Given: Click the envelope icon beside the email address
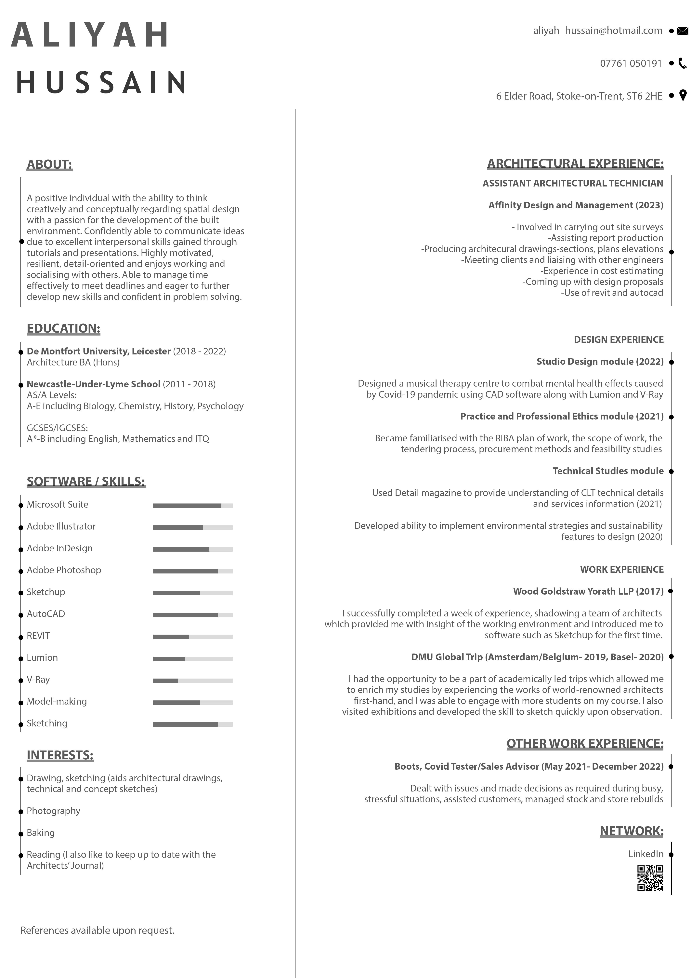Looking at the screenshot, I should [x=682, y=31].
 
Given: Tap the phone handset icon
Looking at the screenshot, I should [x=682, y=63].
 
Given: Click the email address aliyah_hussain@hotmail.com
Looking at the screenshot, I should [x=597, y=31].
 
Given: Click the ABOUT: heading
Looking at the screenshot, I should [x=49, y=164].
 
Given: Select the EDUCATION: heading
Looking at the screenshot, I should [x=63, y=328].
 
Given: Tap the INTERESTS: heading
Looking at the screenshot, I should [x=60, y=755].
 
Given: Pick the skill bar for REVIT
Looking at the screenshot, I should [x=193, y=637].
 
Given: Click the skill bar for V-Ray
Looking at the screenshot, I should [x=193, y=681].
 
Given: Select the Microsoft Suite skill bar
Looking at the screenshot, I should [x=193, y=506].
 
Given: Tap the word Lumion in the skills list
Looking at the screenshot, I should [x=42, y=658].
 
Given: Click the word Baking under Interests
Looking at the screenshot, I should [x=41, y=833].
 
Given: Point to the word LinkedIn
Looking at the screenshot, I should [x=645, y=854].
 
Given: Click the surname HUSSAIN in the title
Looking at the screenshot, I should [x=101, y=82].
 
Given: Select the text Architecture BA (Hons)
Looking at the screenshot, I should [x=73, y=363].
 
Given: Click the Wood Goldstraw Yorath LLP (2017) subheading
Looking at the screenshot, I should [x=588, y=591].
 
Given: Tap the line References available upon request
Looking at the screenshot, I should [x=98, y=930].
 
